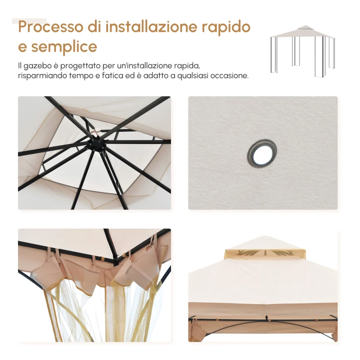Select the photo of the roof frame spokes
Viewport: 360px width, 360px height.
click(94, 153)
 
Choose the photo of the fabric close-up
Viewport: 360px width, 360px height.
click(263, 153)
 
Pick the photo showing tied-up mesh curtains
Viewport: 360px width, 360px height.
click(94, 285)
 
